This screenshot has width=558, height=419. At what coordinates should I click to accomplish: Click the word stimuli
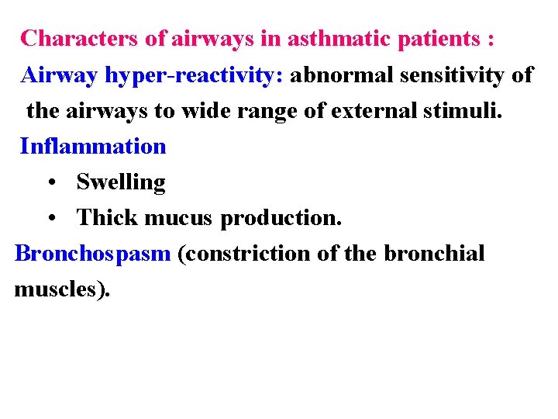pos(467,110)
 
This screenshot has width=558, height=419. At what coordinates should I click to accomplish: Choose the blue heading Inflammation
pos(93,146)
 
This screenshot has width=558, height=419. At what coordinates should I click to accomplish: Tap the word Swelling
pos(121,183)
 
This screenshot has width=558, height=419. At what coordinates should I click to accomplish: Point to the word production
pos(281,219)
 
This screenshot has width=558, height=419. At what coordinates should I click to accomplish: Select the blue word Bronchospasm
pos(92,254)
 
